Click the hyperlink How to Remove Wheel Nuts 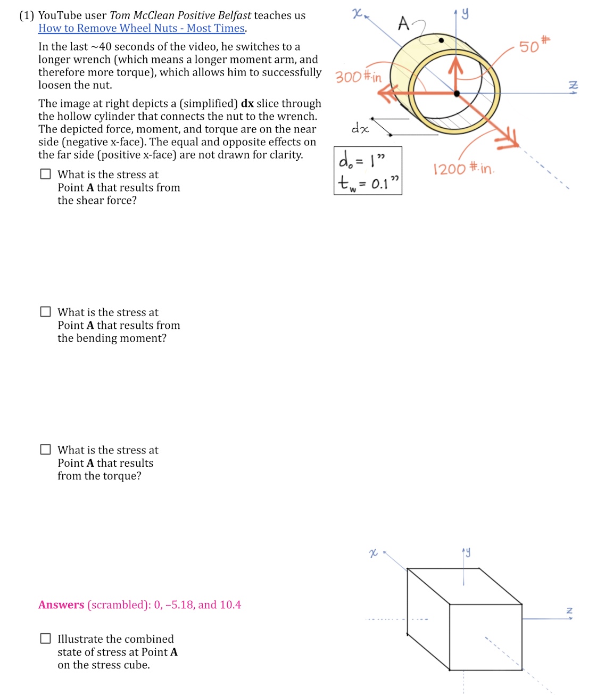point(142,28)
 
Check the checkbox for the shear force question point(46,174)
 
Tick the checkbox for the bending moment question point(46,312)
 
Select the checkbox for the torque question point(46,450)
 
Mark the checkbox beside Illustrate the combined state point(46,639)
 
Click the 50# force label point(534,45)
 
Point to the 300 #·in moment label point(358,77)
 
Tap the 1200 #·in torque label point(463,169)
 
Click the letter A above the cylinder point(404,23)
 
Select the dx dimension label point(360,128)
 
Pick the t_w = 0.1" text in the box point(368,183)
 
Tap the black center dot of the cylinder point(457,94)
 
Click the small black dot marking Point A point(441,40)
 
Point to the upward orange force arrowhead point(455,64)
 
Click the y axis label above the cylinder point(465,13)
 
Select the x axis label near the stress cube point(373,553)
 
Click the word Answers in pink point(61,605)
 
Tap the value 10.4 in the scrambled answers point(230,605)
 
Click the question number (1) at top point(27,15)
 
